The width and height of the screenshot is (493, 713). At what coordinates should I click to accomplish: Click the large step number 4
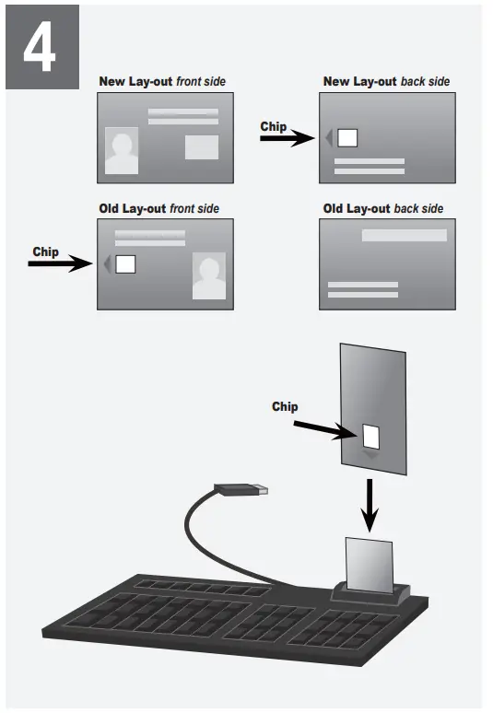click(40, 47)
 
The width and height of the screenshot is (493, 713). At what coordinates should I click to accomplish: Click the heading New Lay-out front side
click(162, 82)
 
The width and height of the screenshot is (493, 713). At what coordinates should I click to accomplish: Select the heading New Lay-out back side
click(386, 82)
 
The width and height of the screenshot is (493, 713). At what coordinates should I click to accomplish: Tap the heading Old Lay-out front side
click(158, 209)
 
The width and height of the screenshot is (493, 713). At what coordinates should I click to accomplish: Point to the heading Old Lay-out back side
click(382, 209)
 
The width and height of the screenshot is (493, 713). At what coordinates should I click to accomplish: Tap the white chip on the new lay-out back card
click(347, 138)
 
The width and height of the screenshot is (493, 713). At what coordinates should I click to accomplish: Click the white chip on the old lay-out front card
click(125, 264)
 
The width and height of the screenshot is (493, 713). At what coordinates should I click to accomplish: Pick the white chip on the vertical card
click(370, 435)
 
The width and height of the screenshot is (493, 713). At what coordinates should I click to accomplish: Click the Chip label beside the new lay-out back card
click(274, 126)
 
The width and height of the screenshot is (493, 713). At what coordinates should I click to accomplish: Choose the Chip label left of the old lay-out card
click(45, 251)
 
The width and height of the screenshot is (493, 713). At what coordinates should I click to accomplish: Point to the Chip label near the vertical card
click(285, 406)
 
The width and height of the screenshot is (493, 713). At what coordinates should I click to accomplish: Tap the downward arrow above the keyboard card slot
click(369, 506)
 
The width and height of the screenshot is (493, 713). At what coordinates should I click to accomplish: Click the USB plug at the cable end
click(241, 488)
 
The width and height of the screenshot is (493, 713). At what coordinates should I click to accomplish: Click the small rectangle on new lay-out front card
click(202, 146)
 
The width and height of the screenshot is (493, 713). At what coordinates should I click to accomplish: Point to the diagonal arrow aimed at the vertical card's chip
click(323, 428)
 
